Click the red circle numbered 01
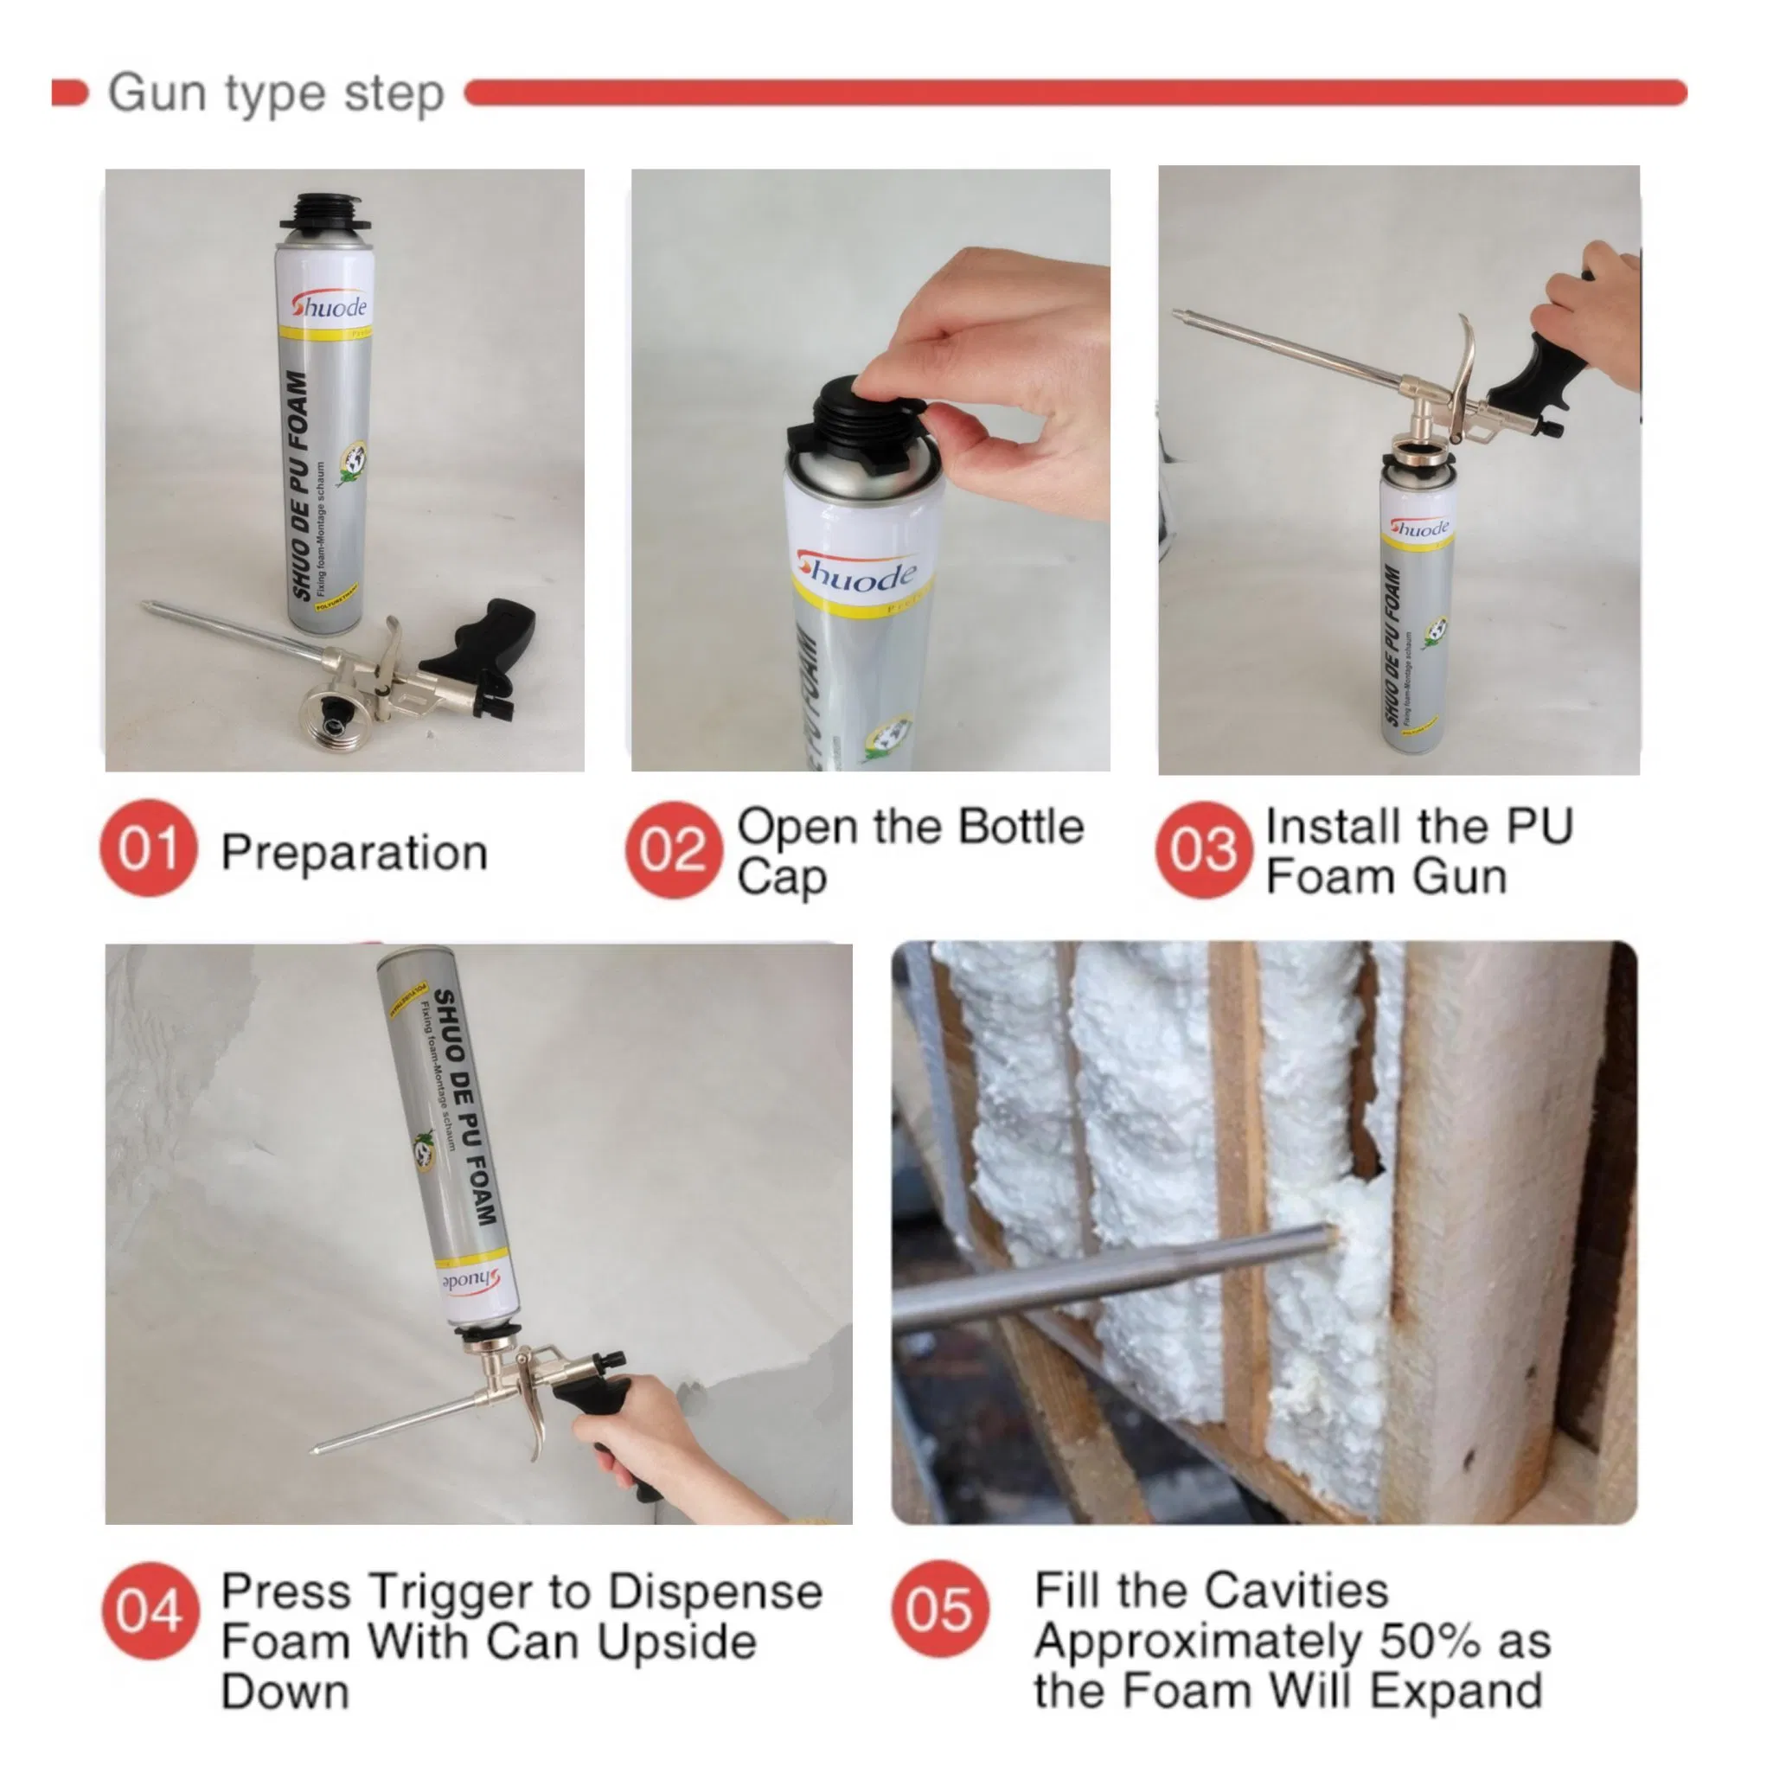pos(149,848)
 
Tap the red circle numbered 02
pos(673,850)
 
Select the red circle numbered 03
pos(1202,850)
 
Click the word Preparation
pos(355,853)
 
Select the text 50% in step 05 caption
pos(1431,1642)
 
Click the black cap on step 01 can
pos(326,214)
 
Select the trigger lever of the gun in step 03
pos(1463,367)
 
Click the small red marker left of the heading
pos(70,93)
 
